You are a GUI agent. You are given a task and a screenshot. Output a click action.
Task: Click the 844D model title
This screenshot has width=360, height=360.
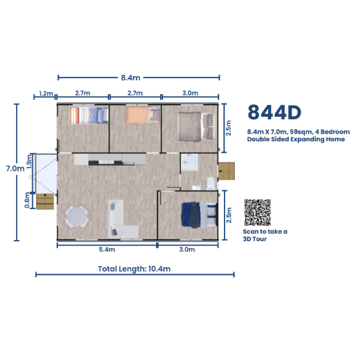point(274,112)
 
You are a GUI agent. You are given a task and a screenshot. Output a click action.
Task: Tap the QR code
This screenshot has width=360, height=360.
point(257,212)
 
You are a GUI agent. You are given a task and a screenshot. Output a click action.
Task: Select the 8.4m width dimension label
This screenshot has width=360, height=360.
point(130,78)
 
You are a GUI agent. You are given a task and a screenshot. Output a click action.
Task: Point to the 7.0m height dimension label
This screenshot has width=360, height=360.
point(15,169)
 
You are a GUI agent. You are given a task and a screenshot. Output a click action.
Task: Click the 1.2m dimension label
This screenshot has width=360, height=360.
point(46,94)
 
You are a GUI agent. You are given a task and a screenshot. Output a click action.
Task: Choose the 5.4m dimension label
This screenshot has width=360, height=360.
point(107,249)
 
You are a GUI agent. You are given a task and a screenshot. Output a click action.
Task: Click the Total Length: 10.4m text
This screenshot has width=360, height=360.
point(134,269)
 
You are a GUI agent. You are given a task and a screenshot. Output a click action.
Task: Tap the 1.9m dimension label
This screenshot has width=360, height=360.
point(29,162)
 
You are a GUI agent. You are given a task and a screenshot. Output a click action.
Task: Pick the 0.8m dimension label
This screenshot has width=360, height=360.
point(27,200)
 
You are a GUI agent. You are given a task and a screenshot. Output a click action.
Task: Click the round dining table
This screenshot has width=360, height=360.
point(77,217)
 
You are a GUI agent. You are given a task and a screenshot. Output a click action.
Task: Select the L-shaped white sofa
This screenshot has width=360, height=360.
point(120,219)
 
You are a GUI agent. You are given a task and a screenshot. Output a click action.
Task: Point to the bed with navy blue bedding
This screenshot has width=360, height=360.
point(199,215)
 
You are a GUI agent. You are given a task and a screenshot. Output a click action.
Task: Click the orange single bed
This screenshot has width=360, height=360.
point(143,115)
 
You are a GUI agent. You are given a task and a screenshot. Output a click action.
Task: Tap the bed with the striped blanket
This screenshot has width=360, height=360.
point(89,115)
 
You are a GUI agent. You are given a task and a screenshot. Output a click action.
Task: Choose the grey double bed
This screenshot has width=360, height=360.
point(196,126)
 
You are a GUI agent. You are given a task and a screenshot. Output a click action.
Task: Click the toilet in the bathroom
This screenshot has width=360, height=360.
point(211,183)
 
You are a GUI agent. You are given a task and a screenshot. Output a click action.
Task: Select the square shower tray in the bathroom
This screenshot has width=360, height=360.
point(189,163)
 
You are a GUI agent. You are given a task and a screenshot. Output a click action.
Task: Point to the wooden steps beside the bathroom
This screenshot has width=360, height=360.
point(226,171)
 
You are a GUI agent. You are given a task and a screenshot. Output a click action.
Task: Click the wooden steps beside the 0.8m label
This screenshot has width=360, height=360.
point(45,201)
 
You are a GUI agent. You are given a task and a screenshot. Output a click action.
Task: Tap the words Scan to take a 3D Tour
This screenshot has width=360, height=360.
point(265,235)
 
